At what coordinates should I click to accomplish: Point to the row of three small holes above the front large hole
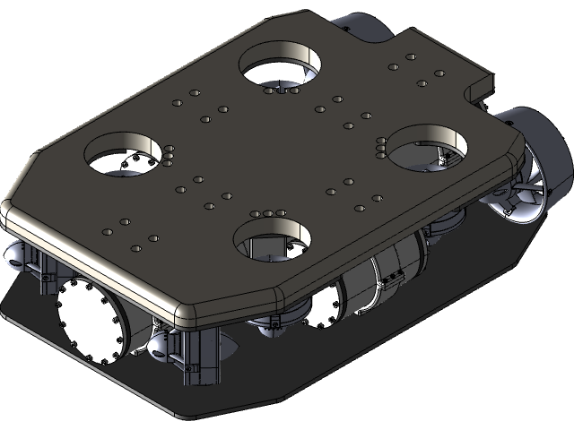coord(268,213)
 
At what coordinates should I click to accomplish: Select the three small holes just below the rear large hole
coord(281,90)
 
